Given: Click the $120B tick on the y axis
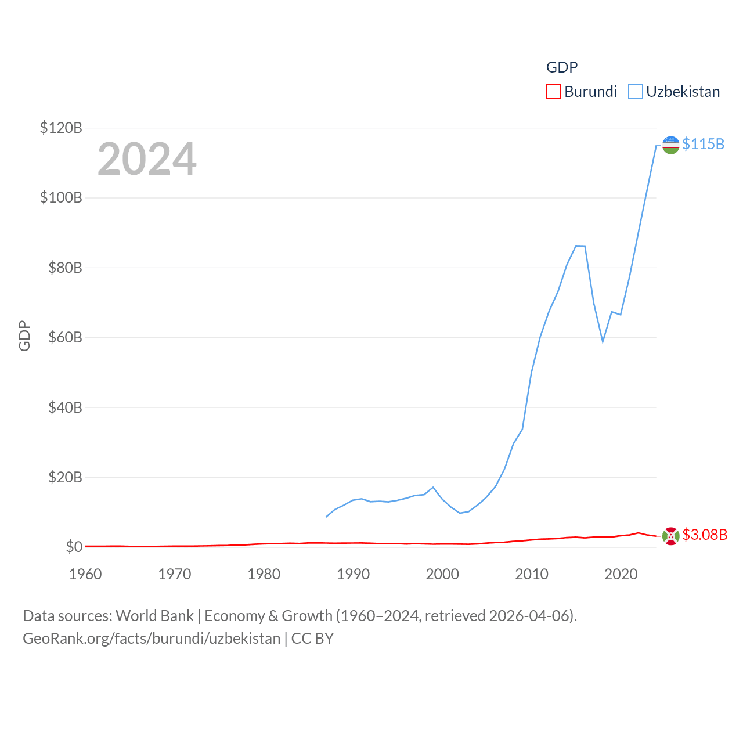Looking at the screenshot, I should click(x=61, y=128).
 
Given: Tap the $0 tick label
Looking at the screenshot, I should click(x=74, y=547).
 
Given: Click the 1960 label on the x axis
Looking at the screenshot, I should click(x=85, y=574).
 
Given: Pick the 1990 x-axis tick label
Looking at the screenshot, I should click(x=353, y=574).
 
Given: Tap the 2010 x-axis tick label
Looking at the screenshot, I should click(x=532, y=574).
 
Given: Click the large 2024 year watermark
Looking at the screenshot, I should click(x=147, y=159).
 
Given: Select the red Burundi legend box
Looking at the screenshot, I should click(x=554, y=92).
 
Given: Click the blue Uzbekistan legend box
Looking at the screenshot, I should click(x=636, y=92).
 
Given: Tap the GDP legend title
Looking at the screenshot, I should click(x=562, y=67).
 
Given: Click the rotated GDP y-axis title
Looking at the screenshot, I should click(x=24, y=336).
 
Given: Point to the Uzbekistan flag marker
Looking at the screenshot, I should click(x=670, y=145).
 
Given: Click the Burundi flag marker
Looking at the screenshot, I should click(x=670, y=536).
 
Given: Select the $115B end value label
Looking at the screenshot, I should click(x=703, y=144).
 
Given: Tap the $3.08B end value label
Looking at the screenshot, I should click(x=705, y=535).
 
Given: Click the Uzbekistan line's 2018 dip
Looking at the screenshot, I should click(x=603, y=341).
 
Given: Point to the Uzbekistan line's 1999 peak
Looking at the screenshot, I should click(x=433, y=488).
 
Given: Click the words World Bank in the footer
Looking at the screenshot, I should click(x=154, y=615).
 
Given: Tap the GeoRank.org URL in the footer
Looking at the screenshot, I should click(x=152, y=639).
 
